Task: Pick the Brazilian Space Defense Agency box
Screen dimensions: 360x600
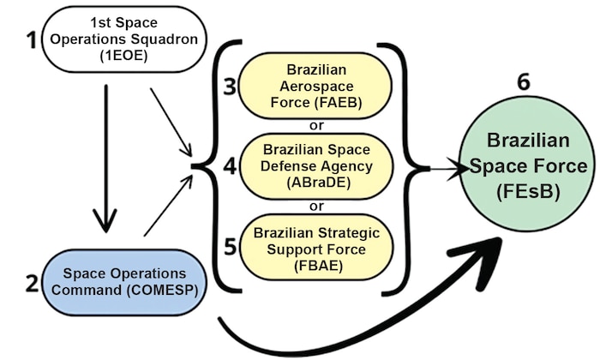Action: pos(317,165)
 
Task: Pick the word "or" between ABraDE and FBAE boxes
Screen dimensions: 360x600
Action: pos(317,205)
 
